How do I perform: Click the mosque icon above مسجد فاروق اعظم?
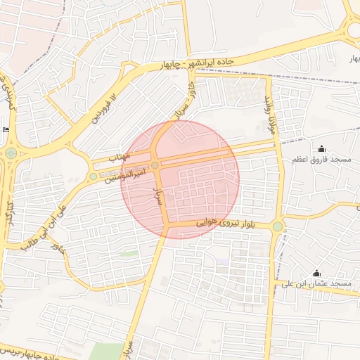point(322,148)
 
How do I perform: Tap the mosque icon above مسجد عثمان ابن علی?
point(316,273)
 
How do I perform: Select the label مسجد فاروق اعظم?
point(323,160)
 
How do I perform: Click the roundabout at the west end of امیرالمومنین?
point(93,176)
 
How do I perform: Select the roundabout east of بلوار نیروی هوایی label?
point(278,226)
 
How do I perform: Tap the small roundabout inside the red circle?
point(155,165)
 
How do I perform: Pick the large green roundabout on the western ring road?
point(11,153)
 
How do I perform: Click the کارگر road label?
point(10,214)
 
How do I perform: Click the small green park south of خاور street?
point(128,252)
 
